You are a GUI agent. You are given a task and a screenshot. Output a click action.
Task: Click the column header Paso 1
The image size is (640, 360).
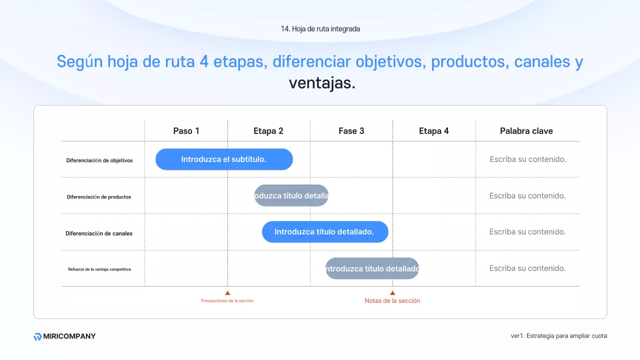point(186,131)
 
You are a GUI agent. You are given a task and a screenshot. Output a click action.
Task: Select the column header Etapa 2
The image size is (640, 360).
point(268,131)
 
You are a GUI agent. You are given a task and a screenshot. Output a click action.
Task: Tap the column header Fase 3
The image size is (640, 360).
point(351,131)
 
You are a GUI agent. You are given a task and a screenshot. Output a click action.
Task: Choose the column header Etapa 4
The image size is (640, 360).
point(434,131)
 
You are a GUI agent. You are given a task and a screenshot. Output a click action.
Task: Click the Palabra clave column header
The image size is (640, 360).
point(526,131)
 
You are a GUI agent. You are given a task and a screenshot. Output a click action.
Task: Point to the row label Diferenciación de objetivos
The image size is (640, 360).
point(99,160)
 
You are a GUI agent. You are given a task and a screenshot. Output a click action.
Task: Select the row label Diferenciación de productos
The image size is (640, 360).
point(99,197)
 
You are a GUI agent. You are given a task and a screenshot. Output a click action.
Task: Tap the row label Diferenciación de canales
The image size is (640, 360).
point(99,233)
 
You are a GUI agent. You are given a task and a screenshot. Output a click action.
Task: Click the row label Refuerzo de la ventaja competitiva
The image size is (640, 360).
point(99,269)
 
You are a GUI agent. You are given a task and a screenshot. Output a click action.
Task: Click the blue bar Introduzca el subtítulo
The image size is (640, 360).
point(224,159)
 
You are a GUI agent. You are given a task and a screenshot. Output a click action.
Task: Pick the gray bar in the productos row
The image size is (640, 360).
point(291,195)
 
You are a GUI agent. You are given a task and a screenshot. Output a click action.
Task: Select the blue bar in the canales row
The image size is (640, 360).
point(325,232)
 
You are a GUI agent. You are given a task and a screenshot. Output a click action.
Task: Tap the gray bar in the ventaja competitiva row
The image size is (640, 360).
point(372,268)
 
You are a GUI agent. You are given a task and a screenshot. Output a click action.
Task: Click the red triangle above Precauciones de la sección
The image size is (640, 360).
point(227,293)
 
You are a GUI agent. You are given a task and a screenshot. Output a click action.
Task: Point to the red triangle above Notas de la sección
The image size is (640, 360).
point(392,293)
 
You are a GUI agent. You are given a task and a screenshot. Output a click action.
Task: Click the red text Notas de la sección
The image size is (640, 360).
point(392,301)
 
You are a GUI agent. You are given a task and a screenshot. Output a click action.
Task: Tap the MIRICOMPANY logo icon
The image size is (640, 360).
point(37,336)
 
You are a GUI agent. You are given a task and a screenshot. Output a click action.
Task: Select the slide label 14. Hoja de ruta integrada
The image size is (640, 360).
point(320,29)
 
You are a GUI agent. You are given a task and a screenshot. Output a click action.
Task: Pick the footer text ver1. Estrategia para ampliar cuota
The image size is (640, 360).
point(558,336)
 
